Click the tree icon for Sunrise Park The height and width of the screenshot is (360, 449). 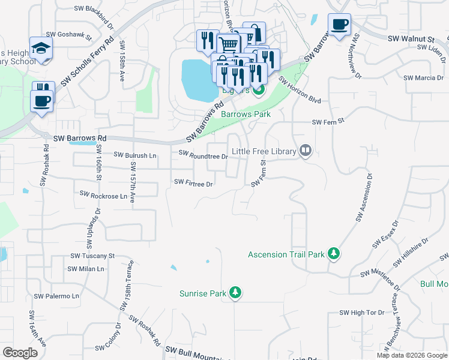[237, 292]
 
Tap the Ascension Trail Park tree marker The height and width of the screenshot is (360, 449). [334, 254]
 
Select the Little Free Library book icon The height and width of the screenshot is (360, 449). [306, 150]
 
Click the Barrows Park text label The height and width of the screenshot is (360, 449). [246, 114]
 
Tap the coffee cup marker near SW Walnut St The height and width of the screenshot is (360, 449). [339, 25]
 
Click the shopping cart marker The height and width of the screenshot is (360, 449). [228, 44]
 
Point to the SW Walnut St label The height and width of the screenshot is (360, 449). [411, 38]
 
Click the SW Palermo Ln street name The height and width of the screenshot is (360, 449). [56, 296]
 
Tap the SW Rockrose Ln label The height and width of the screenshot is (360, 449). [103, 195]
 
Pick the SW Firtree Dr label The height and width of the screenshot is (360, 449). [193, 183]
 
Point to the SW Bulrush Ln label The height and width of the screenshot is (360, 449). [133, 155]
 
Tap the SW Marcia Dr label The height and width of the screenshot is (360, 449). [423, 78]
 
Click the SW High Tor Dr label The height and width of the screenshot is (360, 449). [361, 313]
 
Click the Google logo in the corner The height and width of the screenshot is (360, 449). [20, 352]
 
